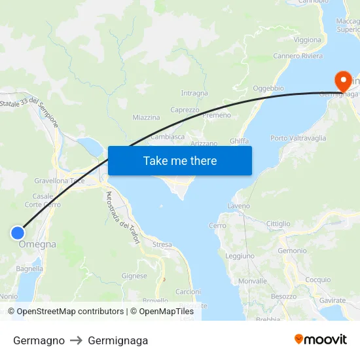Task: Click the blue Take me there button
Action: [x=180, y=160]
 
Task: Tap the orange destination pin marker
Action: [x=342, y=81]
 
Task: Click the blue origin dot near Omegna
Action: [x=18, y=232]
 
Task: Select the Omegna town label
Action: [x=37, y=244]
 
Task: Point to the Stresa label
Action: [x=162, y=245]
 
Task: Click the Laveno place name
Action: [x=238, y=206]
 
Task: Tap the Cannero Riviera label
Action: [x=298, y=56]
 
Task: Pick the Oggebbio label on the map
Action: [x=268, y=88]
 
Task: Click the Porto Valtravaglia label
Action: [x=298, y=138]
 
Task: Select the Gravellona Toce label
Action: [x=60, y=180]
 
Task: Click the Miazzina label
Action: [x=146, y=118]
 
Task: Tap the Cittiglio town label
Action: [x=278, y=224]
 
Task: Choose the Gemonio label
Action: [x=292, y=251]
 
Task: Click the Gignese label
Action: [x=134, y=276]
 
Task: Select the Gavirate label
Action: [x=333, y=300]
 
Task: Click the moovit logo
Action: [x=321, y=340]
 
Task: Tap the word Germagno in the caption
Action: [x=39, y=340]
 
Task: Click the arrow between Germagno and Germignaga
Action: [x=76, y=340]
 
